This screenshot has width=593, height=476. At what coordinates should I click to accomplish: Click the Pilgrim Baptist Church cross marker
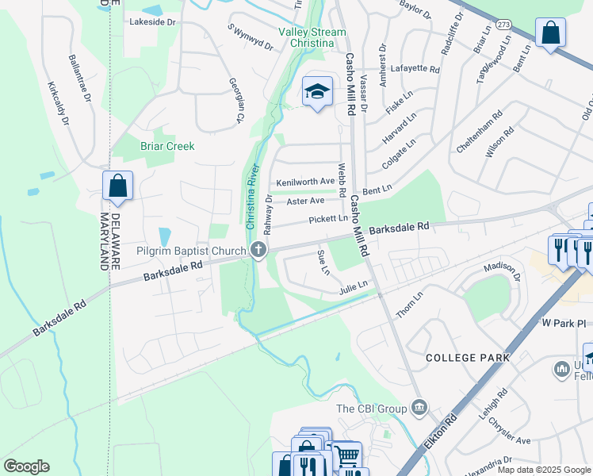click(258, 251)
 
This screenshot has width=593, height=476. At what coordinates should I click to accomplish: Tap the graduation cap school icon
click(317, 92)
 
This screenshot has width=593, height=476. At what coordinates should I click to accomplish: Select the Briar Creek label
click(167, 146)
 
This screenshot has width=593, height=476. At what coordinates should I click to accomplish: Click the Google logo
click(26, 466)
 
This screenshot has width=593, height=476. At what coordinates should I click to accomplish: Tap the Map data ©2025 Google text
click(543, 470)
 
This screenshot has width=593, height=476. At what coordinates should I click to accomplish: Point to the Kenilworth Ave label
click(305, 182)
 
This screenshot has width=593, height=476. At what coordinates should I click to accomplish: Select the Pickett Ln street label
click(328, 218)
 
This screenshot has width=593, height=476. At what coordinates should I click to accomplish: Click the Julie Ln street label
click(354, 285)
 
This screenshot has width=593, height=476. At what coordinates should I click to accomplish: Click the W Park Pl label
click(563, 324)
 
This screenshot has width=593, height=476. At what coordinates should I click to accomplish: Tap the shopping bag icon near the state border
click(117, 186)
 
